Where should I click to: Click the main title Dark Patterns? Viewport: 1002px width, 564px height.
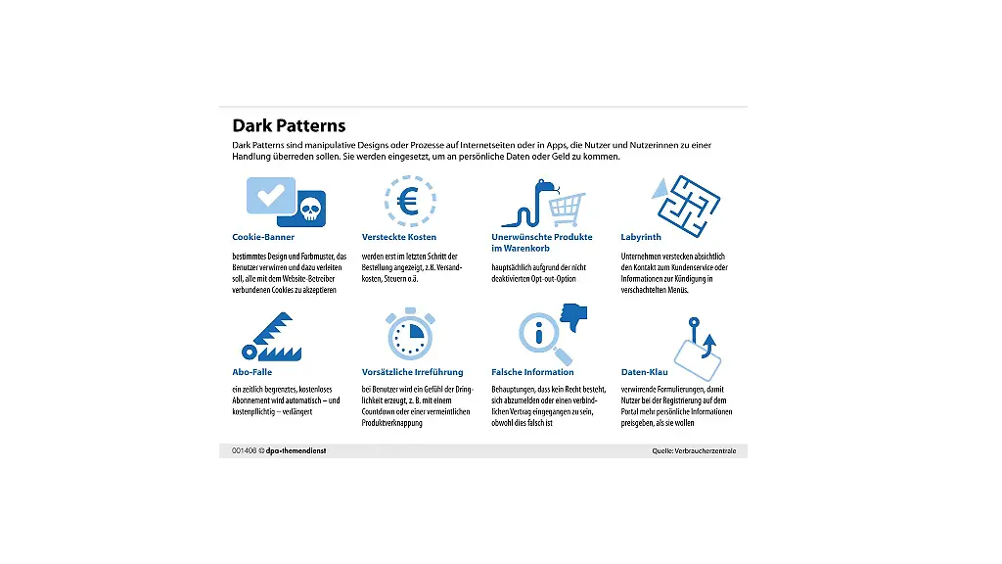[x=289, y=125]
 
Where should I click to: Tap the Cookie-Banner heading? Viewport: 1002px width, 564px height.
[x=263, y=237]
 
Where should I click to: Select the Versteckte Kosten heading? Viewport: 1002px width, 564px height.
[x=399, y=237]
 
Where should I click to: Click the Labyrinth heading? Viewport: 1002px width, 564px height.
[x=641, y=237]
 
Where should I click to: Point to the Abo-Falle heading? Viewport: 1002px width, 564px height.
[x=252, y=372]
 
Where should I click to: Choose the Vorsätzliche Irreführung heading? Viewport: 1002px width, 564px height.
[x=412, y=372]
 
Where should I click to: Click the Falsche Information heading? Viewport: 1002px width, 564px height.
[x=532, y=372]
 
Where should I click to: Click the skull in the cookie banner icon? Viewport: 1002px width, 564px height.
[x=309, y=208]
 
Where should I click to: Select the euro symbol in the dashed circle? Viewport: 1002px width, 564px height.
[x=409, y=201]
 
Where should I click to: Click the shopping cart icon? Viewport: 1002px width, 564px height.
[x=567, y=208]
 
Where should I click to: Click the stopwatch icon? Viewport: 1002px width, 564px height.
[x=409, y=336]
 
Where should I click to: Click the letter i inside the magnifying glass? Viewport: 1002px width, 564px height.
[x=537, y=334]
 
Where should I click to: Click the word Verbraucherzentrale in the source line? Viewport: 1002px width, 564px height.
[x=710, y=450]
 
